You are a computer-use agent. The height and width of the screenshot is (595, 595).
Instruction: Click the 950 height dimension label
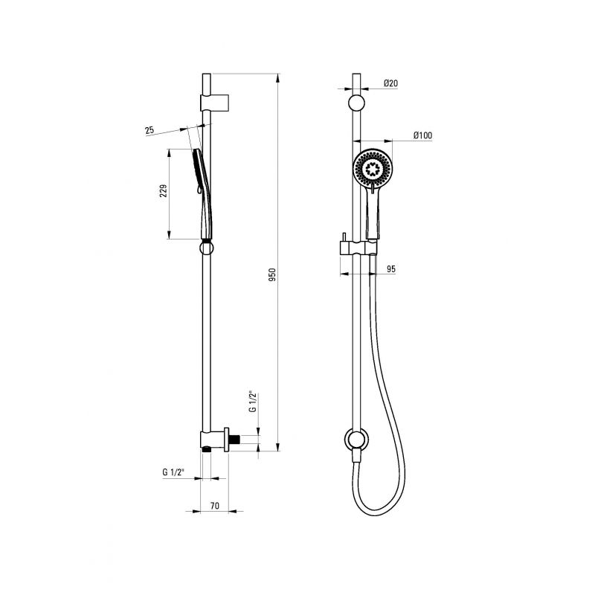272,274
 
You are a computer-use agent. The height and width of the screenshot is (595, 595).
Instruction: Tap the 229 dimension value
163,191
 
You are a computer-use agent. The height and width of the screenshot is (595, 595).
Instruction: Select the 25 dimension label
149,130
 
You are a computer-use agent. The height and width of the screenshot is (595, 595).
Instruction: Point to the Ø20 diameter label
390,83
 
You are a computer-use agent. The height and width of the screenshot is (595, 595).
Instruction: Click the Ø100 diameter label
422,135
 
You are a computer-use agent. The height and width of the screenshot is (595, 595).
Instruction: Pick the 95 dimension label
391,269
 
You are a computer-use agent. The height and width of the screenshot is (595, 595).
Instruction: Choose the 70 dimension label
214,506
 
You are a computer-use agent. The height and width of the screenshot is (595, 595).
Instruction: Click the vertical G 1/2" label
253,402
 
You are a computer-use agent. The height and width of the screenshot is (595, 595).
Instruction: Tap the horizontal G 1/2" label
173,472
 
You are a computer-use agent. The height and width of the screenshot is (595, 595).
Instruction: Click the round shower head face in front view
374,167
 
